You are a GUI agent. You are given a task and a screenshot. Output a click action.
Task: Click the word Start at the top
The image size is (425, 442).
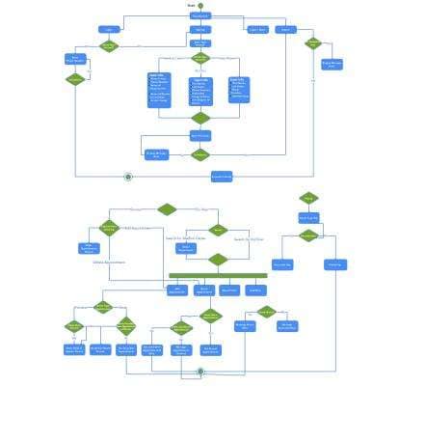coord(191,6)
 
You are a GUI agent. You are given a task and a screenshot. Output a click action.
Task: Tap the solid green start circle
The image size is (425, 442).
coord(200,6)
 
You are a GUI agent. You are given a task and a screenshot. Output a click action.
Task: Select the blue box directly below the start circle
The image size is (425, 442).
coord(200,15)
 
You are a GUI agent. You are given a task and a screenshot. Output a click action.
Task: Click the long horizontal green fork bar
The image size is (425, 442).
coord(218,276)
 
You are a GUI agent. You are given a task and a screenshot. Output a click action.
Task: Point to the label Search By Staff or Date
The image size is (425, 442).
coord(185,237)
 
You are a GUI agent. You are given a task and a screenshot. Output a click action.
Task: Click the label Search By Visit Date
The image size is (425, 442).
coord(249,238)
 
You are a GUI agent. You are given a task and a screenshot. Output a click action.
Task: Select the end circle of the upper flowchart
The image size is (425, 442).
coord(128,177)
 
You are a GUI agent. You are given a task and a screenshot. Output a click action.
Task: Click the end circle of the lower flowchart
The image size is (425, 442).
coord(200,372)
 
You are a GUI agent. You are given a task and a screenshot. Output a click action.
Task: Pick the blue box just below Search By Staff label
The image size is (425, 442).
coord(187,248)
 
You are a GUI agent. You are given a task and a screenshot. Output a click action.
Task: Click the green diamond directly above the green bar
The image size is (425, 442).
coord(219,260)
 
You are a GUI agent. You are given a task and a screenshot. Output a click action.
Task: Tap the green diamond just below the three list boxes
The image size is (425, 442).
coord(200,119)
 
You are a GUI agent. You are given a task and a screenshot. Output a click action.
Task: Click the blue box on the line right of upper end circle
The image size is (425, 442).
coord(222,177)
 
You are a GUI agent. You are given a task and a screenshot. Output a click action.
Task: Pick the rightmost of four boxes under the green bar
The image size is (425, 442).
coord(255,290)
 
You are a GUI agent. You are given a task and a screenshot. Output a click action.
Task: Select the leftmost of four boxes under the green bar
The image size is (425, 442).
coord(177,290)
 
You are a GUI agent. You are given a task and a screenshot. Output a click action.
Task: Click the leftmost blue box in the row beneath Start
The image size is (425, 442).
coord(109,30)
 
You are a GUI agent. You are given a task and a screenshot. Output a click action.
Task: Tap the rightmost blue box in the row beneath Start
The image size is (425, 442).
coord(285,30)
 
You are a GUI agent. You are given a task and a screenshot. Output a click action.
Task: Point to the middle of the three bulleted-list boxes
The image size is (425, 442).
coord(200,91)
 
